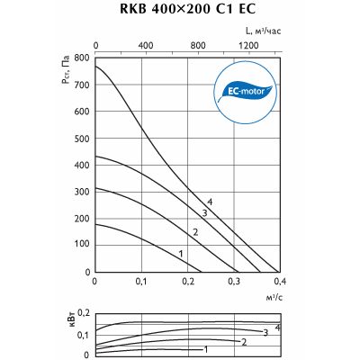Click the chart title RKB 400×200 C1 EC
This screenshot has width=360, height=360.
tap(187, 9)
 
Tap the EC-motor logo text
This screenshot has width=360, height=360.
tap(246, 91)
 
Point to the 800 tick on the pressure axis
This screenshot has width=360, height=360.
tap(82, 58)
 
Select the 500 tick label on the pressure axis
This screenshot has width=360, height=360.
tap(82, 139)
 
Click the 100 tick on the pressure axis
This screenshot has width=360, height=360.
tap(82, 245)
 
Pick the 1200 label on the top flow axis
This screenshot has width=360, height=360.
tap(248, 45)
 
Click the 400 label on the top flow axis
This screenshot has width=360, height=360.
tap(145, 45)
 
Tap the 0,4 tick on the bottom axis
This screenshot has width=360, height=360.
tap(280, 282)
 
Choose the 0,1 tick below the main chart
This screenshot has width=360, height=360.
tap(141, 282)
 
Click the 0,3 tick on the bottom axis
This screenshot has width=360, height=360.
tap(234, 282)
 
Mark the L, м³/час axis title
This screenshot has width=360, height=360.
tap(263, 31)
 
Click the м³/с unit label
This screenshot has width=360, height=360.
tap(274, 297)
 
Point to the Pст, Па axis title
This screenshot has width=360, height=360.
tap(66, 69)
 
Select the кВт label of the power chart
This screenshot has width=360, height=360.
tap(73, 319)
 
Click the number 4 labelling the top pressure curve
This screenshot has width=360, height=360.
tap(210, 202)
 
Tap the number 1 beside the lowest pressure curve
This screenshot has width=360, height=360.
tap(181, 254)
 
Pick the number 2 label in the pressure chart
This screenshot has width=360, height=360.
tap(195, 232)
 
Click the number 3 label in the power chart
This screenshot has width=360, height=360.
tap(265, 332)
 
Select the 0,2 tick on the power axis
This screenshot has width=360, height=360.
tap(84, 314)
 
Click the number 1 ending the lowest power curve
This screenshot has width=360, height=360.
tap(205, 349)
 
